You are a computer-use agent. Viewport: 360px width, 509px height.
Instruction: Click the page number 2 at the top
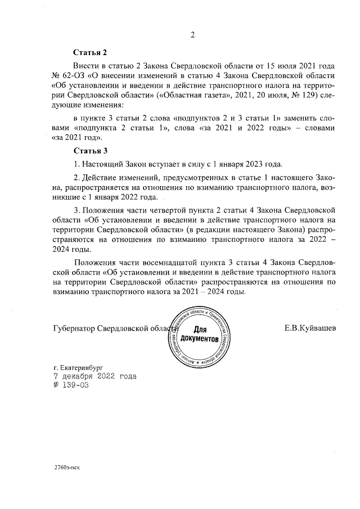tap(192, 36)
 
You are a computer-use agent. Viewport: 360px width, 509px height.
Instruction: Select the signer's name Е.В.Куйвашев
tap(310, 328)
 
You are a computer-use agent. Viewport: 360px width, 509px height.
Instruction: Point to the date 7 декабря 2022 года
tap(94, 376)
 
